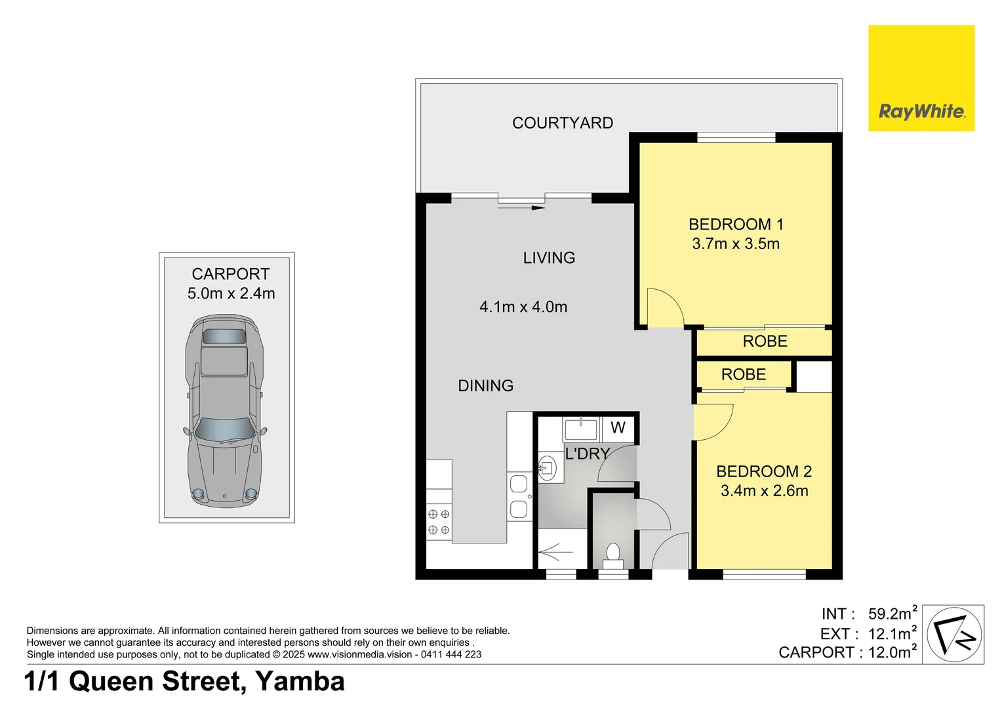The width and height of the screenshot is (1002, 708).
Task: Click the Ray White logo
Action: pos(921,79)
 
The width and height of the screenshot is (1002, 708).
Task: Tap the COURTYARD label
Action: pos(562,123)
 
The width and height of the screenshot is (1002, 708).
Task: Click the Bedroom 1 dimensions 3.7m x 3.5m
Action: pos(735,244)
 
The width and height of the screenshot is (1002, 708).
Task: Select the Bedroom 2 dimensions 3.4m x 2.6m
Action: pos(764,491)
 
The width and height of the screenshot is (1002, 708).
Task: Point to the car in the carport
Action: pos(224,410)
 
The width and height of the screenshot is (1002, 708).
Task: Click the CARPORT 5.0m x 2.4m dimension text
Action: pos(231,294)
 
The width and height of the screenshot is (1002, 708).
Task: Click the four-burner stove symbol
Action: pos(439,522)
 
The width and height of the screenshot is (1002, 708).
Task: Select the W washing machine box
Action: pos(618,428)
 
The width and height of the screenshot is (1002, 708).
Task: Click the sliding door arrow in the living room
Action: pos(521,208)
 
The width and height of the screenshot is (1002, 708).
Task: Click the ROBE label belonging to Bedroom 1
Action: pos(765,342)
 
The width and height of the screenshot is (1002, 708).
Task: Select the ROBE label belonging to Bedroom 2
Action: pos(743,375)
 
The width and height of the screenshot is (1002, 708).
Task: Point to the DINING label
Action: pos(485,386)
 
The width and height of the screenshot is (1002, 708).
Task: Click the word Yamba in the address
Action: pos(300,682)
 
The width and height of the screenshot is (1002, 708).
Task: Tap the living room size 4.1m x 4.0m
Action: pos(523,307)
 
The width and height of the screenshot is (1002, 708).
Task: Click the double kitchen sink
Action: pos(519,497)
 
